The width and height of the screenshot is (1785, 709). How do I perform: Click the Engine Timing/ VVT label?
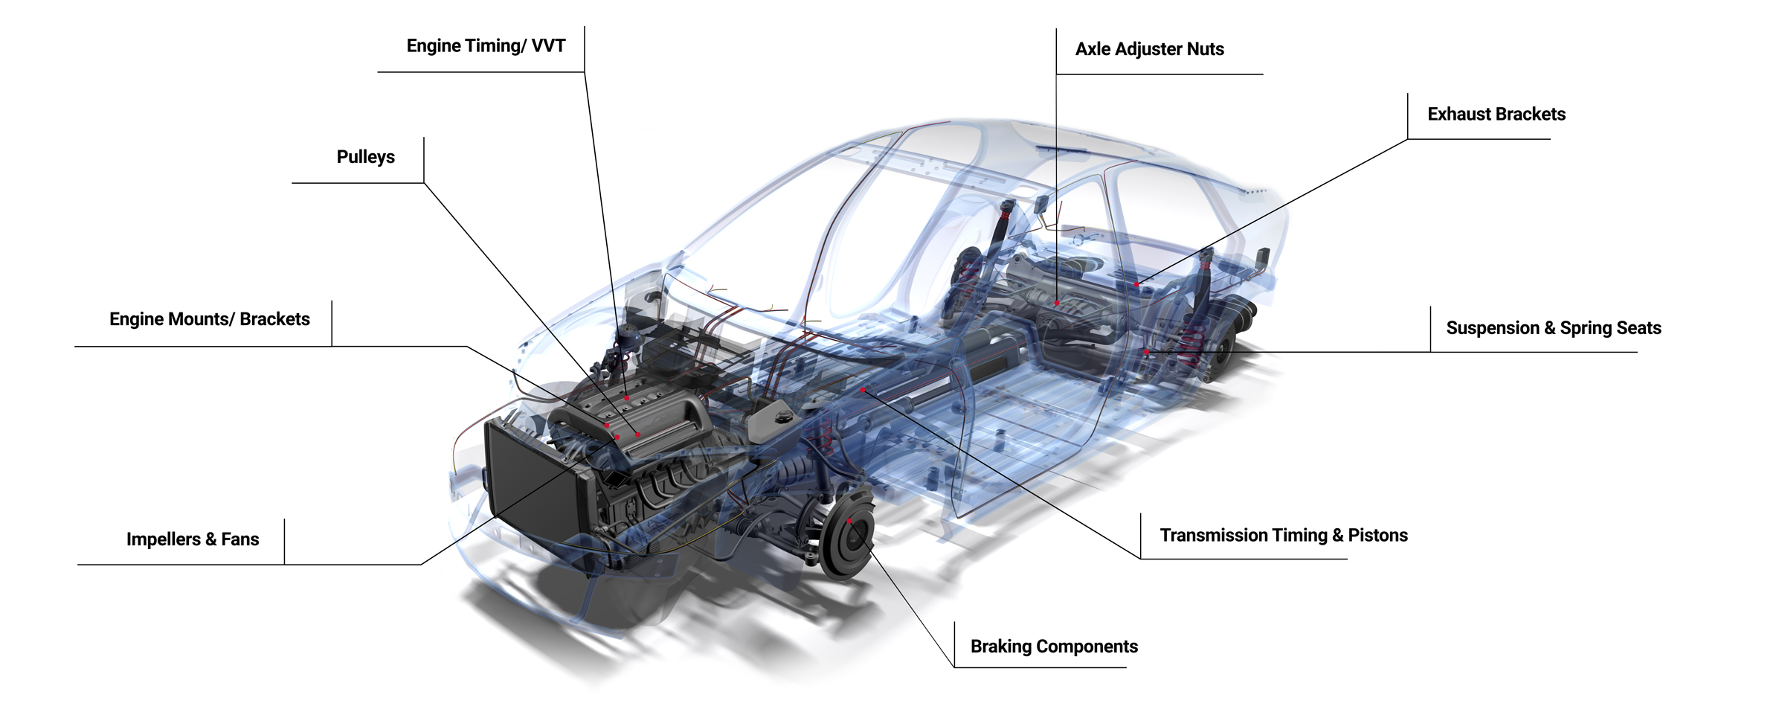coord(486,46)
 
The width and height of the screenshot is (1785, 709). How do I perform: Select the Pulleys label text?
coord(365,157)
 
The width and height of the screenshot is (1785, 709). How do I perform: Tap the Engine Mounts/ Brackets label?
coord(210,319)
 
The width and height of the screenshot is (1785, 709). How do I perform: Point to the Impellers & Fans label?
coord(193,539)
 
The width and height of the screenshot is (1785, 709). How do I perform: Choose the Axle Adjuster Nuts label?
coord(1149,49)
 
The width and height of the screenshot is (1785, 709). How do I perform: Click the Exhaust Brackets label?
coord(1496,115)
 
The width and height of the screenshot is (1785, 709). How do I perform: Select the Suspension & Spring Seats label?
coord(1554,328)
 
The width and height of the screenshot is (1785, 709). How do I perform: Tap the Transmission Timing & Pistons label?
coord(1284,536)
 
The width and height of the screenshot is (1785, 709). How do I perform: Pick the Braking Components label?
coord(1054,647)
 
